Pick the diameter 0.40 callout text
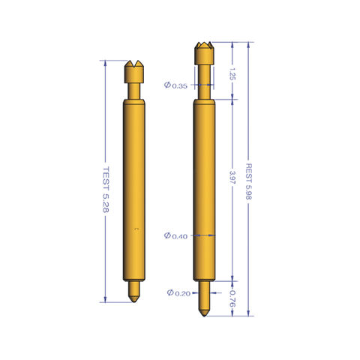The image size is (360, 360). [175, 236]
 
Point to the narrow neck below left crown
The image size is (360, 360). [133, 89]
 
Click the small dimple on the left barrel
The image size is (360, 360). [135, 228]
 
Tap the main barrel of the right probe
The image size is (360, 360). [203, 187]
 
